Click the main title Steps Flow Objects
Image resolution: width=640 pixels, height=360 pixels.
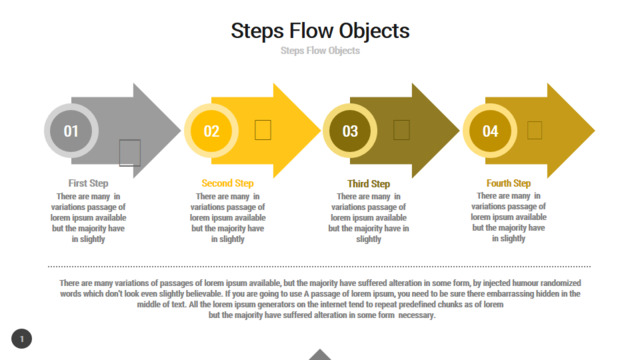coord(320,31)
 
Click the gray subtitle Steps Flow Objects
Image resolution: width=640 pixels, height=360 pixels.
coord(320,51)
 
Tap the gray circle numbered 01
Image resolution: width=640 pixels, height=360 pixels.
coord(71,131)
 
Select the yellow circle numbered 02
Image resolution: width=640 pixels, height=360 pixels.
coord(211,131)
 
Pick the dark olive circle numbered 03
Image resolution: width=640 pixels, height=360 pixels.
coord(350,131)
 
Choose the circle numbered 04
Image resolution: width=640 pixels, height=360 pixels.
coord(490,131)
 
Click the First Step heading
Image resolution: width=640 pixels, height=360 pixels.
coord(88,183)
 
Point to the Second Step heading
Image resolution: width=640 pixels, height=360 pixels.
coord(227,183)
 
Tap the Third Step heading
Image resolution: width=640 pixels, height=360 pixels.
coord(369,184)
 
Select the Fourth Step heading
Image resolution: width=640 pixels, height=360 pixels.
coord(509,183)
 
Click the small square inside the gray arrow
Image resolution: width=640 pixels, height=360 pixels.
coord(130,153)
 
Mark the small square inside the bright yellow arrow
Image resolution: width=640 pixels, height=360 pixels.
coord(263,130)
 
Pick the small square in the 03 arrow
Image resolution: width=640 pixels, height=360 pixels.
coord(401,130)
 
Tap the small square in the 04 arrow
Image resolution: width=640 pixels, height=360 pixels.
coord(535,130)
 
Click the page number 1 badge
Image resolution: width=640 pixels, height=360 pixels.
coord(22,339)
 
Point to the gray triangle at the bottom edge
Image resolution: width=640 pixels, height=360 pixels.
coord(320,355)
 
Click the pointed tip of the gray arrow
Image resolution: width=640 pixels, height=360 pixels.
coord(180,131)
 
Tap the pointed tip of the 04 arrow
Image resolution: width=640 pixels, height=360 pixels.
coord(594,131)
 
